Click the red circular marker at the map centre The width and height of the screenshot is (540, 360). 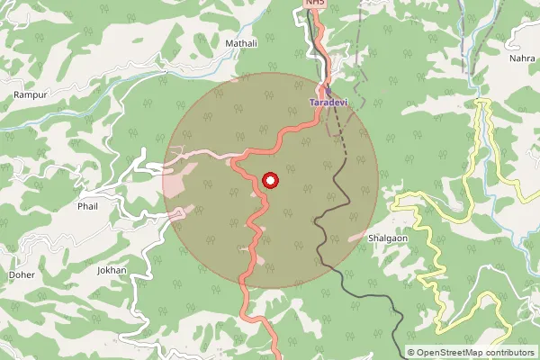(x=270, y=180)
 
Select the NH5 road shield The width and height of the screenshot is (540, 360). (x=314, y=4)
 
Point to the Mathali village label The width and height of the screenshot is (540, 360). (x=241, y=42)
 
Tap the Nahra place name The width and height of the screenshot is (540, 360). (x=521, y=58)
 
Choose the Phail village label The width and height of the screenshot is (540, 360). (x=87, y=205)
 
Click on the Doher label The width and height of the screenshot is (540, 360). (x=21, y=274)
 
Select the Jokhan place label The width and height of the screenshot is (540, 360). (x=112, y=270)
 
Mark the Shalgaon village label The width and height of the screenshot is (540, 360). (x=388, y=238)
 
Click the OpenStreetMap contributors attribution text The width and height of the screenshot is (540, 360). (x=474, y=353)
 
